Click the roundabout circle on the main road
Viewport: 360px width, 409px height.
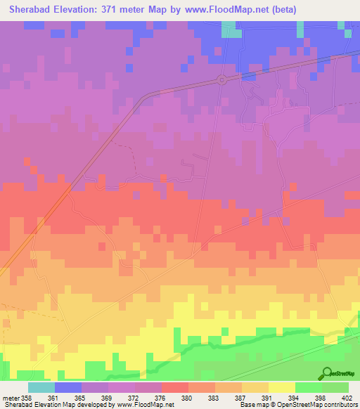(x=222, y=79)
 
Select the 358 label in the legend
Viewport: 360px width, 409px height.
(x=27, y=398)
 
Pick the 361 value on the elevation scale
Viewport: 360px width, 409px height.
(x=53, y=398)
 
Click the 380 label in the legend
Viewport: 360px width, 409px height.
(x=186, y=398)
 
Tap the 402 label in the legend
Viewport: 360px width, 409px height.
(x=347, y=398)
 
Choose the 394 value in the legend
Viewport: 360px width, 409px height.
(x=293, y=398)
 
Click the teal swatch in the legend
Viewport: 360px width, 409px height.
(x=41, y=387)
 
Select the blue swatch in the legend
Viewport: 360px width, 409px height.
(x=67, y=387)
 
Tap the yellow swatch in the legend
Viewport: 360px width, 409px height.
(x=281, y=387)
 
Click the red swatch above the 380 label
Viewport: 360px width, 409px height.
(x=174, y=387)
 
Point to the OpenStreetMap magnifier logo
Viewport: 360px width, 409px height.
(x=326, y=374)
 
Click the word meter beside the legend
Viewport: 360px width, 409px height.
(x=11, y=398)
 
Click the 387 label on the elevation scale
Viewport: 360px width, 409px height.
(x=240, y=398)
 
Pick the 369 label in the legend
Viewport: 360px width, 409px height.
(x=106, y=398)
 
